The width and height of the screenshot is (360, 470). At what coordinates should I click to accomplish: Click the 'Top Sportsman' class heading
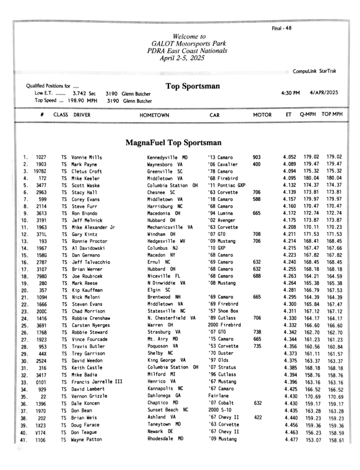point(193,86)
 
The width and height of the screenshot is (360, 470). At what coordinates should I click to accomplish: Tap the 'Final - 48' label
point(282,28)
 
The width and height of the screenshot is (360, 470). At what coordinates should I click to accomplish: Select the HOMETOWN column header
point(154,115)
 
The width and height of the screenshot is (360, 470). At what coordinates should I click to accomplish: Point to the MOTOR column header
point(262,115)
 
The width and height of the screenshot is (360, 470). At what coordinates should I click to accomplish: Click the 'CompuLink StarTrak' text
point(314,71)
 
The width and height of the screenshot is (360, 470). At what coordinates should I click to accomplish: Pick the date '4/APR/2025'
point(324,92)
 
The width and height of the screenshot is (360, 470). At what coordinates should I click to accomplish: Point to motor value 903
point(257,157)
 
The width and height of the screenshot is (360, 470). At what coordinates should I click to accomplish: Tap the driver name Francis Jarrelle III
point(97,382)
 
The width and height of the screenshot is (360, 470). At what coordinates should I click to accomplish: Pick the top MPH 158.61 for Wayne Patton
point(334,439)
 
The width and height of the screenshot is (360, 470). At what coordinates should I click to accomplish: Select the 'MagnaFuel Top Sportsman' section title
point(173,143)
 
